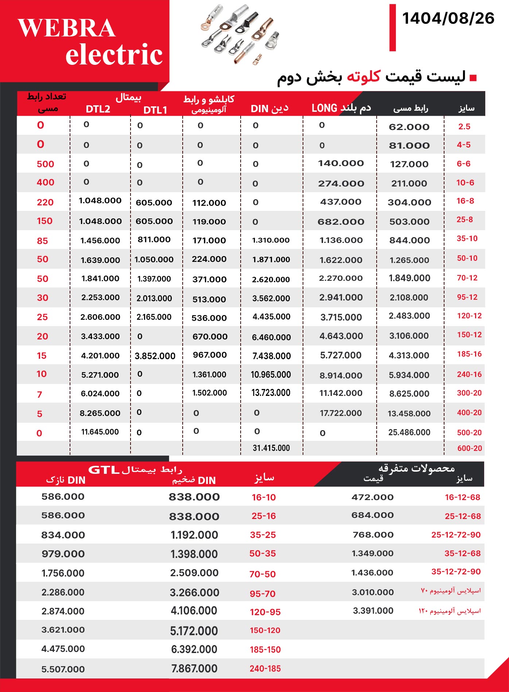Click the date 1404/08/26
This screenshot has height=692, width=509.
tap(448, 19)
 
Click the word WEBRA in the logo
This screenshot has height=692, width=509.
tap(67, 28)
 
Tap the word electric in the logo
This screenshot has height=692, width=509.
tap(114, 55)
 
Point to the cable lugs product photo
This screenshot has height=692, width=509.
tap(240, 35)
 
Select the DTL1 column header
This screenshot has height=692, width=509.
tap(155, 110)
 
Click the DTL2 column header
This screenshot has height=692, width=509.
tap(98, 109)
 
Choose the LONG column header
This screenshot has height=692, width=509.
tap(324, 108)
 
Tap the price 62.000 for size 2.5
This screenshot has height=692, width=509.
tap(409, 127)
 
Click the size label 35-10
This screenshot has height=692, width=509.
tap(467, 239)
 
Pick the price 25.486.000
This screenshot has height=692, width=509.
tap(409, 432)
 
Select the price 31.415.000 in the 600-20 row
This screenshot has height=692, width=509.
tap(271, 448)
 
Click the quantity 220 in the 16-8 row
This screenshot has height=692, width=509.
tap(45, 203)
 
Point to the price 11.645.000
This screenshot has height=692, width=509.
tap(100, 432)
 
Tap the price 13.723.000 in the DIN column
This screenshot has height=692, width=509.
tap(271, 393)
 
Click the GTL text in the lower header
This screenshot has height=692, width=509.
tap(104, 470)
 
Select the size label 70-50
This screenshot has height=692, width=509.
tap(263, 574)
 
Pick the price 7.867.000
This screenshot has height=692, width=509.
tap(194, 669)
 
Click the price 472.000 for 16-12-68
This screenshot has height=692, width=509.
tap(372, 497)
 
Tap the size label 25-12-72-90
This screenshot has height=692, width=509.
tap(456, 535)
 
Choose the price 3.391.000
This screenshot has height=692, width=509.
tap(373, 611)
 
